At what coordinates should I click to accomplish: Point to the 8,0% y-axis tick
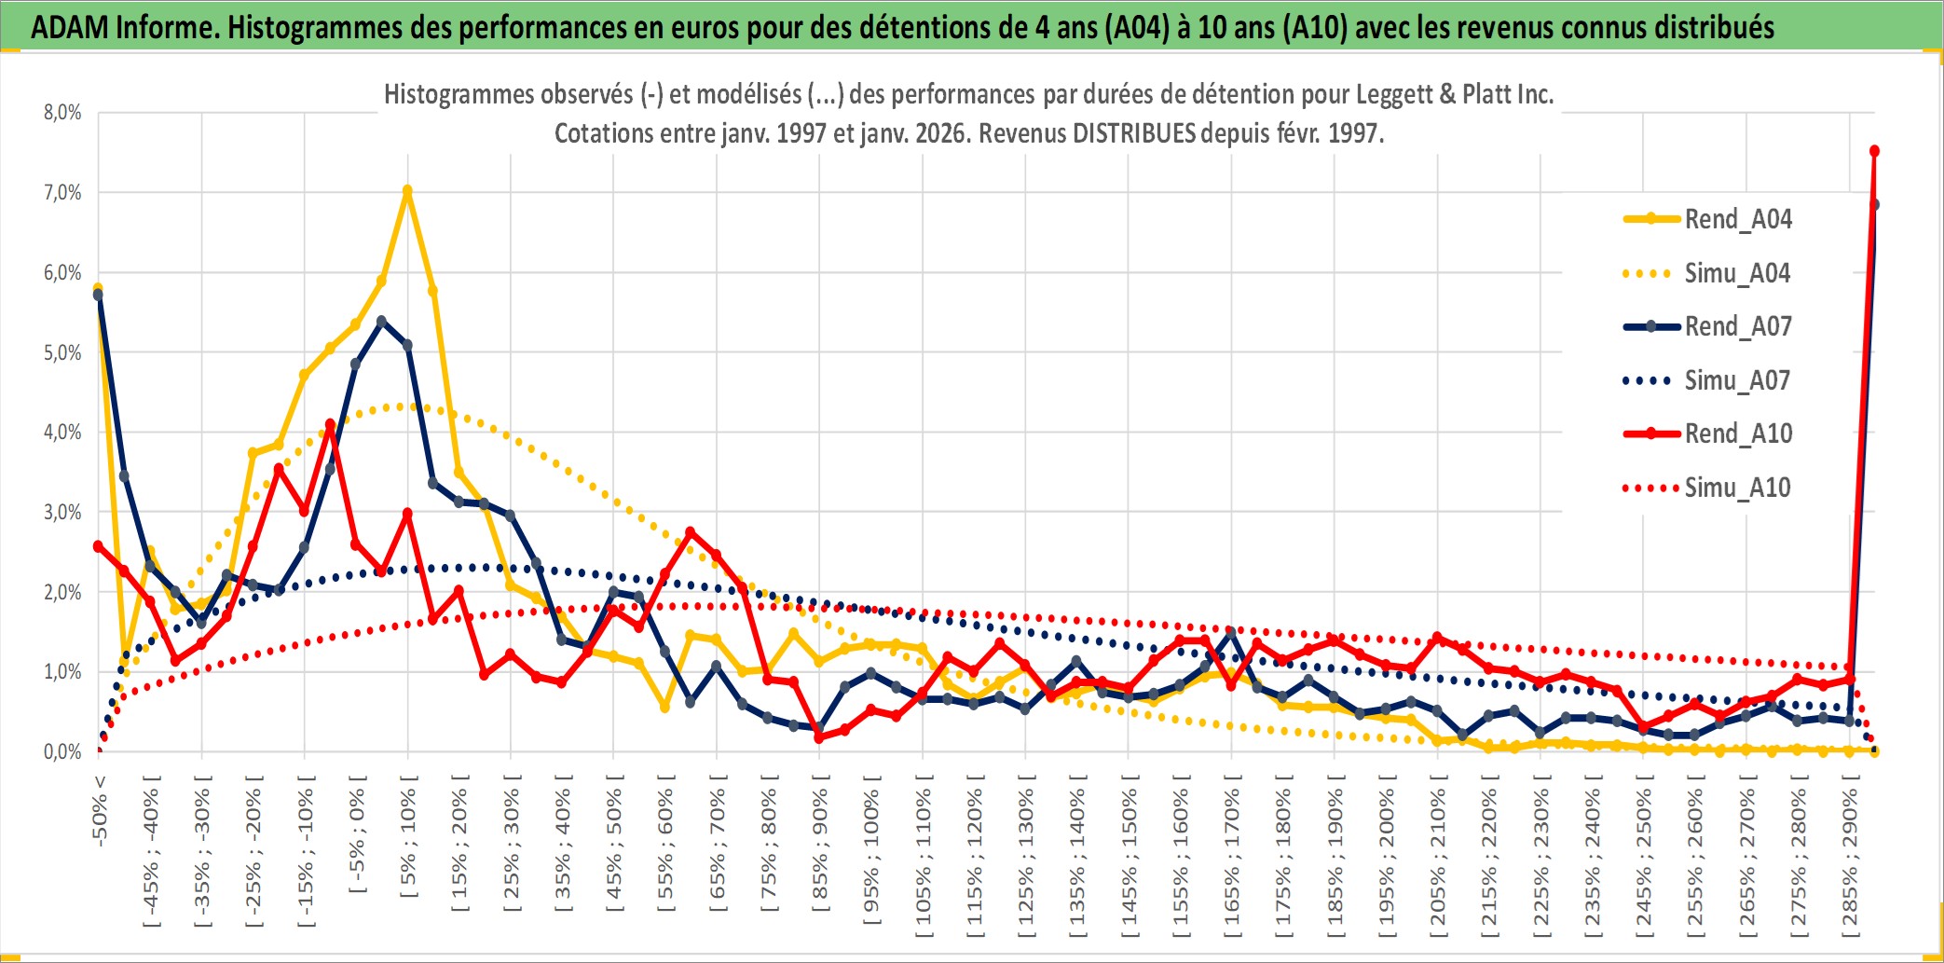click(x=62, y=113)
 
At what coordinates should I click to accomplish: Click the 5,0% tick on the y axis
click(x=62, y=352)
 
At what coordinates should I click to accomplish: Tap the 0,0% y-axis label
click(x=62, y=751)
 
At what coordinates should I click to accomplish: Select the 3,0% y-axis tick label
click(x=62, y=512)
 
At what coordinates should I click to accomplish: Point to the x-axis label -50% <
click(x=100, y=811)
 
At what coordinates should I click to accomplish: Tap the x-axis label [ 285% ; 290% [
click(x=1850, y=858)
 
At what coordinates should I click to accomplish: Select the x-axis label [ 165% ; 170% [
click(x=1232, y=858)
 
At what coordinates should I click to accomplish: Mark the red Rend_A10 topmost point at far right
click(x=1874, y=151)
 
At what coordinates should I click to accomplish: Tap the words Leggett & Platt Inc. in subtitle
click(x=1454, y=94)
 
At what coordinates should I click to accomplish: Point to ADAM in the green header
click(x=70, y=27)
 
